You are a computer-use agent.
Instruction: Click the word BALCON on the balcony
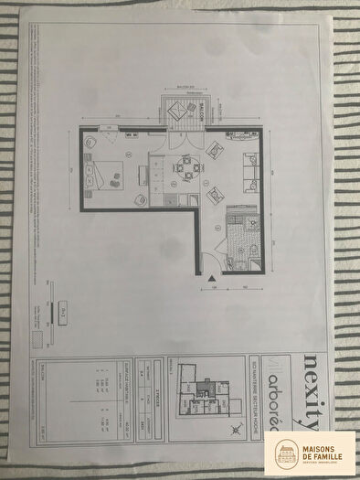pos(192,107)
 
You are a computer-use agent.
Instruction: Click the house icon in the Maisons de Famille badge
pos(285,453)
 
